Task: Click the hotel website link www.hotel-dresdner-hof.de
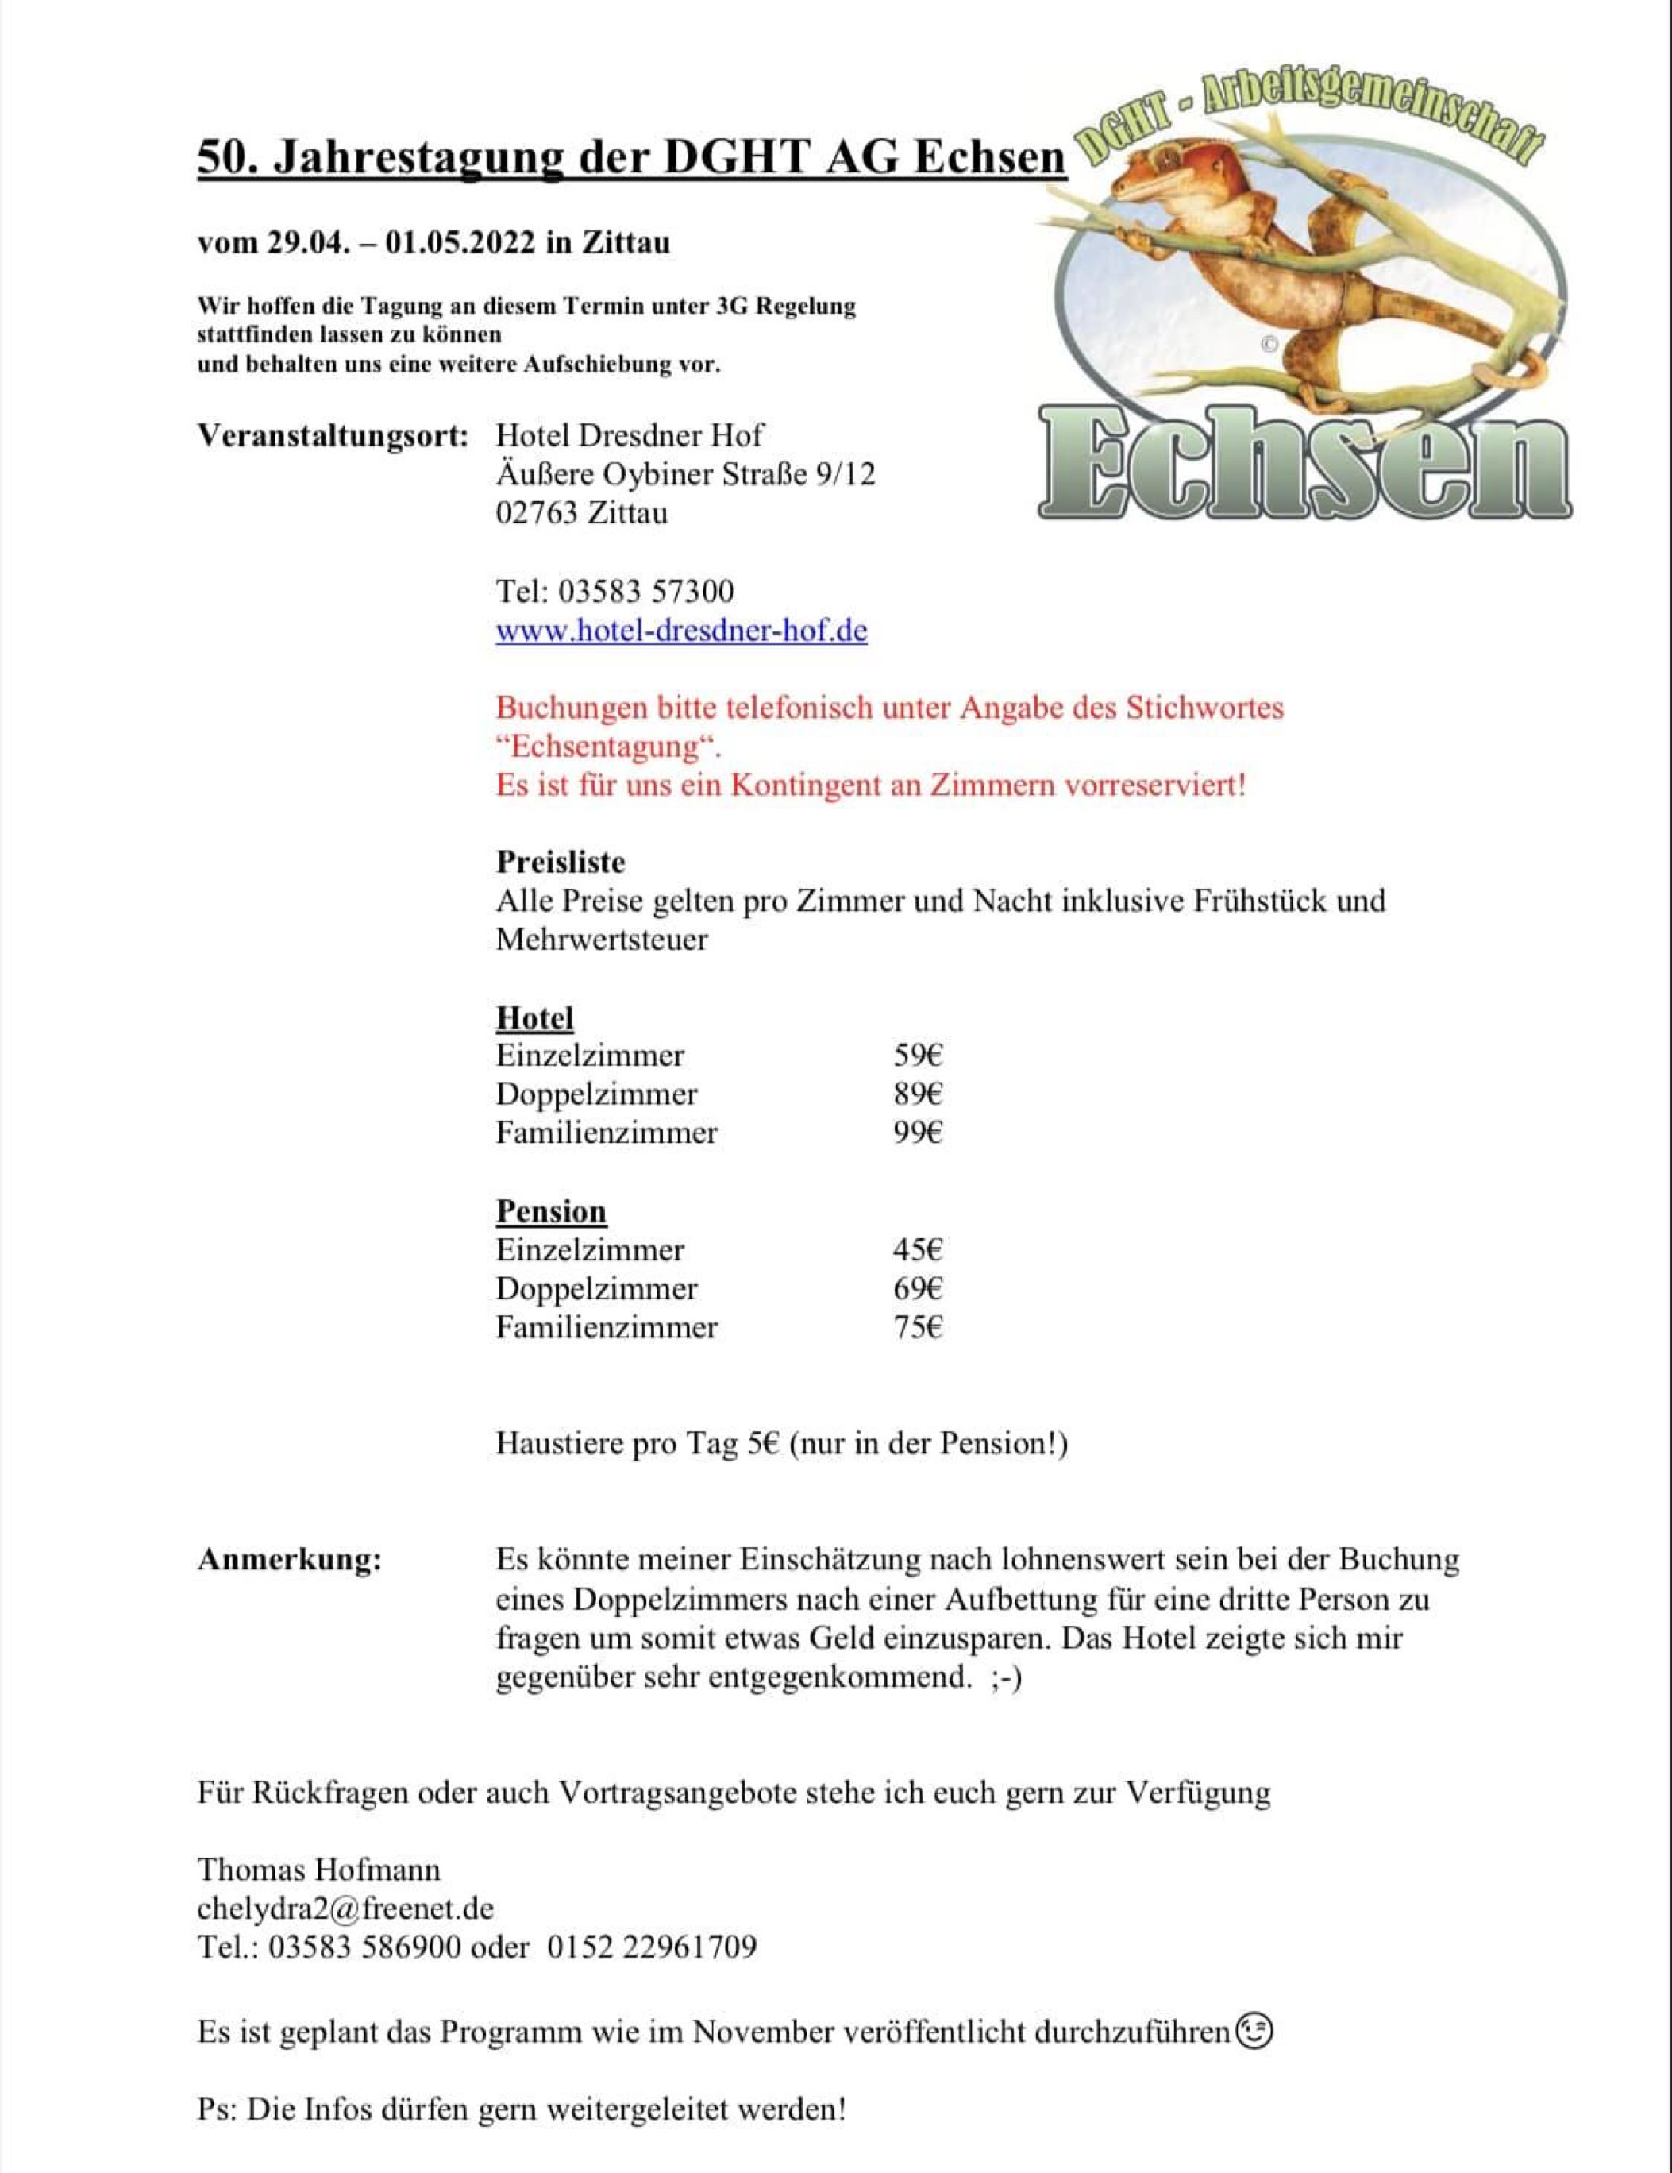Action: (x=681, y=631)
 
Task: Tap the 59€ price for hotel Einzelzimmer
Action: (x=917, y=1055)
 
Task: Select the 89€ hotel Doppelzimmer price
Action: (x=917, y=1094)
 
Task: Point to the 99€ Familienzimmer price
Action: (x=917, y=1133)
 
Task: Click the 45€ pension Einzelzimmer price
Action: (x=917, y=1249)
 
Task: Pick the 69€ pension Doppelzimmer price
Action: (x=917, y=1288)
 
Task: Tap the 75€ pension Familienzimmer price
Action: (x=917, y=1327)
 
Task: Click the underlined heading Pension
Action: (x=551, y=1211)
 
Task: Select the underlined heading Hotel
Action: (x=535, y=1018)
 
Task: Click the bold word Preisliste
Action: (x=561, y=862)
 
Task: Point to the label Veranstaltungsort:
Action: (x=332, y=436)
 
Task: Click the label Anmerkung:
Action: (x=290, y=1560)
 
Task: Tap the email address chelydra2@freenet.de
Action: (x=345, y=1909)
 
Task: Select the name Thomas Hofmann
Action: (x=318, y=1870)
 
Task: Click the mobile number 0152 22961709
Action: (x=652, y=1947)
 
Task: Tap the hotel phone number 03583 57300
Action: (x=645, y=591)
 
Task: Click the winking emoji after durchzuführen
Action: (x=1254, y=2030)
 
